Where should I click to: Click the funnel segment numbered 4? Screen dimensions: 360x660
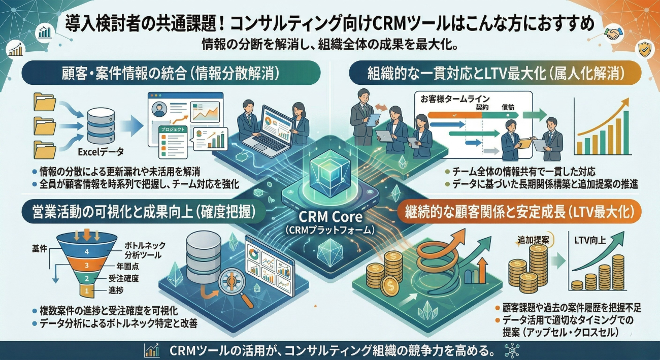coord(86,251)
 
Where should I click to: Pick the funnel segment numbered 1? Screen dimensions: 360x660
coord(86,290)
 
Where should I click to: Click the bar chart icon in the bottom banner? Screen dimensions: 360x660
coord(151,350)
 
